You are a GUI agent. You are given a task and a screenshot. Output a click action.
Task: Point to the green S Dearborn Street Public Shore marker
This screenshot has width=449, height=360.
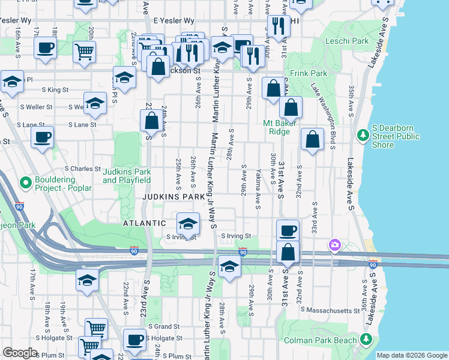coord(362,136)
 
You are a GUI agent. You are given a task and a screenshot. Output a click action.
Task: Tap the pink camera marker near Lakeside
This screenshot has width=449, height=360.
coord(334,245)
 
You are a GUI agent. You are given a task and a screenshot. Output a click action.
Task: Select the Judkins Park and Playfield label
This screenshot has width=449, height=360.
coord(126,175)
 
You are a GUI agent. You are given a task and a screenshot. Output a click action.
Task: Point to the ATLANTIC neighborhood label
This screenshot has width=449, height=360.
coord(145,223)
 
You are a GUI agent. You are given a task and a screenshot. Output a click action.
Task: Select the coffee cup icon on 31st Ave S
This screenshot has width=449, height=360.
coord(288,230)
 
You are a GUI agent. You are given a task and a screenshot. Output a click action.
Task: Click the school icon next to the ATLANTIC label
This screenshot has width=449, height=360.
coord(188,224)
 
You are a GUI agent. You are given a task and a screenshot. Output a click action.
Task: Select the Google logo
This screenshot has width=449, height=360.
coord(20,352)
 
